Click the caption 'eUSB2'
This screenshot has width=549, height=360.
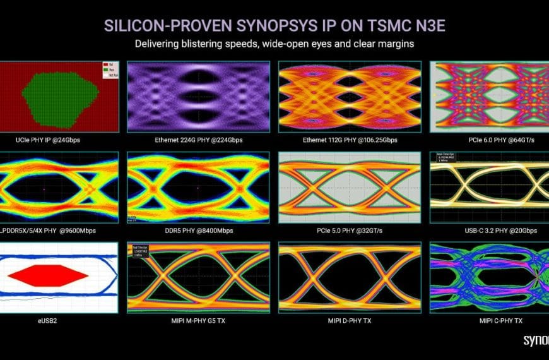click(59, 321)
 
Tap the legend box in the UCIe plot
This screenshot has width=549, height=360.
click(110, 68)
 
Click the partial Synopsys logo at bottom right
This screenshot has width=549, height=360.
click(536, 340)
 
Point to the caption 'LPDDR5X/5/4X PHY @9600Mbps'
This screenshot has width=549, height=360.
click(59, 231)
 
